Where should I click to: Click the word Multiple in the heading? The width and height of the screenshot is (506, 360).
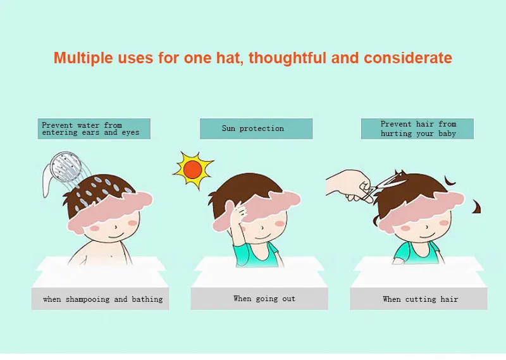[x=83, y=58]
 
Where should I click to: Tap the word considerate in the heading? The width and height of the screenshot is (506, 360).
[x=408, y=58]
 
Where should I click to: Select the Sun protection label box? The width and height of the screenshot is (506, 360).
[x=256, y=128]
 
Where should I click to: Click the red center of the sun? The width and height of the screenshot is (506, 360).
[x=193, y=170]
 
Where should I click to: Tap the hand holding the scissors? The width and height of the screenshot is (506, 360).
[x=349, y=185]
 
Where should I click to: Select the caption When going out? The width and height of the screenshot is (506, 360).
[x=264, y=299]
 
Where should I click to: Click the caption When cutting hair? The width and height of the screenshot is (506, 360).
[x=420, y=299]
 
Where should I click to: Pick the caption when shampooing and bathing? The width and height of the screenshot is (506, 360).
[x=103, y=299]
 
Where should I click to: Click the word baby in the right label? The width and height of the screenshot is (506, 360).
[x=447, y=133]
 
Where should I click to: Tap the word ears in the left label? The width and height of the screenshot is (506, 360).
[x=90, y=132]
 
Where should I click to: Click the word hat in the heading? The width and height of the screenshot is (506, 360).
[x=229, y=58]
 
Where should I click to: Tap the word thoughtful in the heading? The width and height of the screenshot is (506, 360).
[x=288, y=58]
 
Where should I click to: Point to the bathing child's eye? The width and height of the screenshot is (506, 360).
[x=116, y=227]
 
